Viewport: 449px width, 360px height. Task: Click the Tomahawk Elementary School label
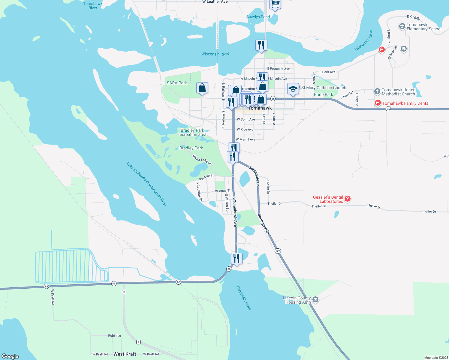(x=424, y=27)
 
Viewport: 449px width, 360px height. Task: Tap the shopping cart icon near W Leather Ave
(x=275, y=4)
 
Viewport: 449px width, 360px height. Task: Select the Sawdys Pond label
(x=258, y=17)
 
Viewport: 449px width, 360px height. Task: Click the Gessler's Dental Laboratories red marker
(x=348, y=199)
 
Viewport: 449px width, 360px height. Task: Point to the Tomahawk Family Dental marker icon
(x=378, y=103)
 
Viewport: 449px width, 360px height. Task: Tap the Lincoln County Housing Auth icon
(x=315, y=299)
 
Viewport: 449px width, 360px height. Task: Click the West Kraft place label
(x=125, y=354)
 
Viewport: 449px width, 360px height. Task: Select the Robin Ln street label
(x=114, y=336)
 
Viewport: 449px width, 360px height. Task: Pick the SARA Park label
(x=177, y=83)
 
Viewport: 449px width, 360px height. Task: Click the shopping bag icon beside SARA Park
(x=202, y=88)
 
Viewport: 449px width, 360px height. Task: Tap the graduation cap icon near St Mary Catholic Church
(x=293, y=89)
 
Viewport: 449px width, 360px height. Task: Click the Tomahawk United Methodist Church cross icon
(x=377, y=91)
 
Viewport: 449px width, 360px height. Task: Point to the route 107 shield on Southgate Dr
(x=278, y=251)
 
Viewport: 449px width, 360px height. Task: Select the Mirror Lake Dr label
(x=202, y=160)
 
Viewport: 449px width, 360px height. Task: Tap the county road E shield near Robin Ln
(x=138, y=342)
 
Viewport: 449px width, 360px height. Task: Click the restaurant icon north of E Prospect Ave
(x=261, y=45)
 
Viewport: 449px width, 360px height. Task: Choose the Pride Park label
(x=324, y=94)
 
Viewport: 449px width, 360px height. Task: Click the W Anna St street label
(x=223, y=191)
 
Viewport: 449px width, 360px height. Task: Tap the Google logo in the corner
(x=10, y=356)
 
